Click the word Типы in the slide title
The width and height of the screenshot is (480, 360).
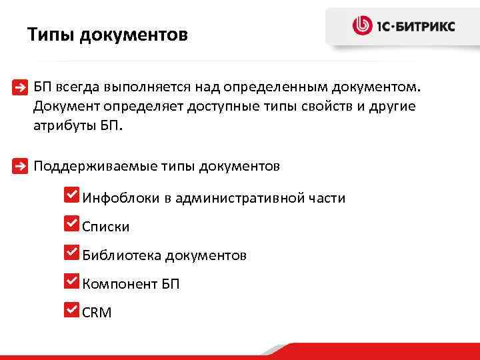coord(51,34)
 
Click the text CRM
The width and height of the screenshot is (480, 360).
coord(97,312)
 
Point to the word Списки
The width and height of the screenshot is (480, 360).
coord(106,227)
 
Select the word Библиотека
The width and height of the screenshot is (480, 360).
coord(121,255)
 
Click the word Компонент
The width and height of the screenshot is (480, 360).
coord(119,284)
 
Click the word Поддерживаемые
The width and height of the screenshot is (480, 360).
coord(95,166)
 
